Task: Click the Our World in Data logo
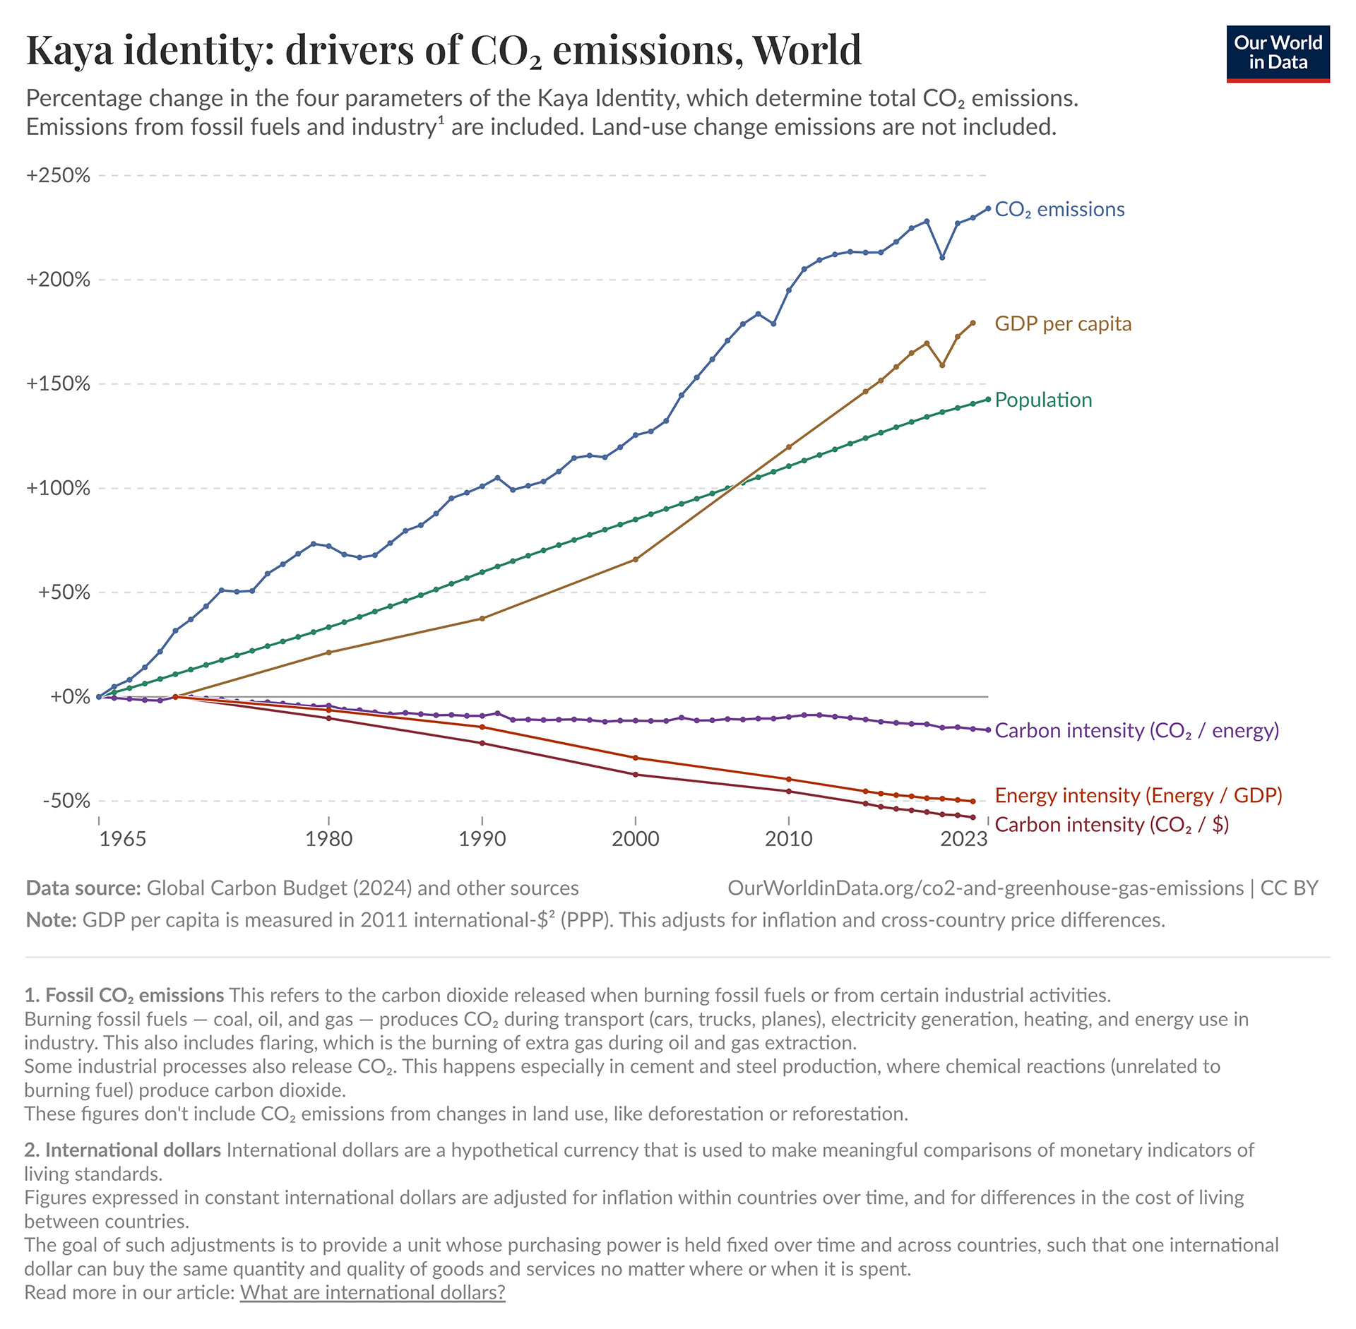click(1278, 54)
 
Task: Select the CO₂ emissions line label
click(1059, 210)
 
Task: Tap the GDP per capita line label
click(1062, 324)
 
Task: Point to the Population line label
click(1042, 400)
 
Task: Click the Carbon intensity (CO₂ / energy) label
click(1136, 731)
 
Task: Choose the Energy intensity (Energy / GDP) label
click(1138, 796)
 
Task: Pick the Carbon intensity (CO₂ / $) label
click(1112, 825)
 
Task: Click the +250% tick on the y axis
click(58, 175)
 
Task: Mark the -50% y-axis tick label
click(66, 801)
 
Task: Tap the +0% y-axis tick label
click(70, 697)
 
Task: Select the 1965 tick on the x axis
click(122, 839)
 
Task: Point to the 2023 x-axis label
click(963, 839)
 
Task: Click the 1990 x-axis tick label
click(482, 839)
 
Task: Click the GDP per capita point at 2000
click(636, 559)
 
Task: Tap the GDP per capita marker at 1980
click(328, 652)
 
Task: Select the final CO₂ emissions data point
click(988, 209)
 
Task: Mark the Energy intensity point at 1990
click(482, 727)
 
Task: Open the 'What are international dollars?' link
click(372, 1292)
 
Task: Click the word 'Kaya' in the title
click(69, 51)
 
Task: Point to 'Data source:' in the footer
click(83, 888)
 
